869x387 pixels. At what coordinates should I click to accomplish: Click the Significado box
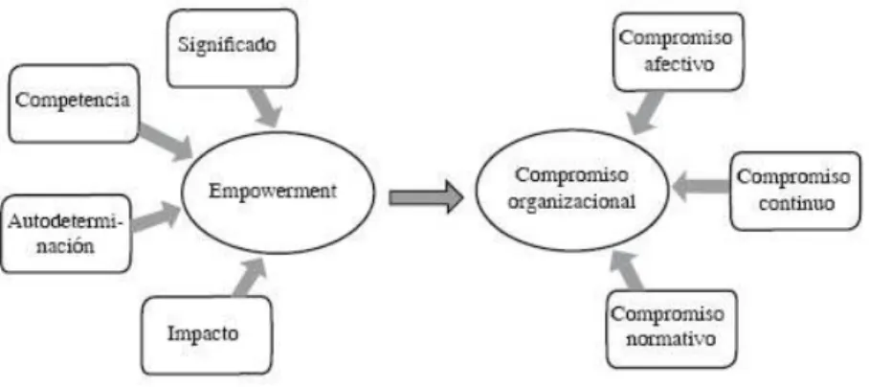[x=232, y=48]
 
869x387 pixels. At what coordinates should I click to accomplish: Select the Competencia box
[x=74, y=103]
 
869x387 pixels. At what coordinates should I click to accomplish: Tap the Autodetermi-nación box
[x=66, y=234]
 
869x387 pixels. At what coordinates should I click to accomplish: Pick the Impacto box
[x=207, y=335]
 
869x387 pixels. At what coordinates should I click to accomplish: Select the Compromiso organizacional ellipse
[x=572, y=191]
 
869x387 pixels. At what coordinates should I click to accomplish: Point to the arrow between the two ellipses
[x=426, y=196]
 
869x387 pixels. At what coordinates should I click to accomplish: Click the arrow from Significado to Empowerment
[x=264, y=107]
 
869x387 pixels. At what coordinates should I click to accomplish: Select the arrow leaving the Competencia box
[x=166, y=143]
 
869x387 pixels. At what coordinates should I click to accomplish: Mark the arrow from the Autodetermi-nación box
[x=156, y=217]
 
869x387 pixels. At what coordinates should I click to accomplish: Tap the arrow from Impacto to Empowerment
[x=249, y=277]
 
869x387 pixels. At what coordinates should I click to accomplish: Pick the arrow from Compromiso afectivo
[x=647, y=112]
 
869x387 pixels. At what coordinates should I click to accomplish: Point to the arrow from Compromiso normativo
[x=626, y=270]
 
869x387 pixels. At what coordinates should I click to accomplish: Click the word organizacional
[x=572, y=202]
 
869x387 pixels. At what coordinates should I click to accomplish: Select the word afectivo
[x=679, y=64]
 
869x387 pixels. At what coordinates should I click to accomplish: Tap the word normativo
[x=671, y=339]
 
